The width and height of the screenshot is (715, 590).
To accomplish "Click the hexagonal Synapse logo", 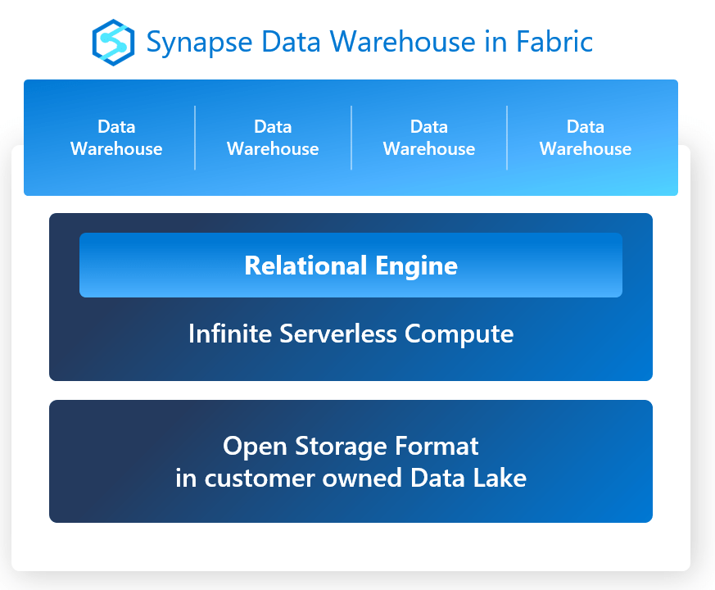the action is click(x=113, y=43).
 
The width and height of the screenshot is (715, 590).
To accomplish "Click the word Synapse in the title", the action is click(x=199, y=43).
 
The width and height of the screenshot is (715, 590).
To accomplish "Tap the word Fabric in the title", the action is click(x=554, y=42).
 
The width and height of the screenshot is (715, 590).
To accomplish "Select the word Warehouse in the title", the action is click(x=403, y=42).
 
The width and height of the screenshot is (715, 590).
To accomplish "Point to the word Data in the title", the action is click(x=291, y=42).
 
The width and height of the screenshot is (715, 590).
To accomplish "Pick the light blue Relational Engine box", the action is click(x=351, y=265).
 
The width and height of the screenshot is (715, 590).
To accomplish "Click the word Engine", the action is click(x=416, y=266).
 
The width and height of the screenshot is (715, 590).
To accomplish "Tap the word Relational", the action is click(x=305, y=265).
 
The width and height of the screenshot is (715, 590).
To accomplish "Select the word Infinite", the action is click(x=230, y=334).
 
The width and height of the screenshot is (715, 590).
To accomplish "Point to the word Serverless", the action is click(x=338, y=334).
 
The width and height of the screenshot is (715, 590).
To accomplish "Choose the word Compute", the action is click(x=459, y=334).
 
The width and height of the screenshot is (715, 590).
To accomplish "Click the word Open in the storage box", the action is click(x=255, y=447).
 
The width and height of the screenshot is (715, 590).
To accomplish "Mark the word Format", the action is click(x=437, y=446).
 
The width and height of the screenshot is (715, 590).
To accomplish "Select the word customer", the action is click(x=260, y=479).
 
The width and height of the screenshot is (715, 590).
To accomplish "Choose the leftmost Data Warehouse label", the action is click(x=116, y=138).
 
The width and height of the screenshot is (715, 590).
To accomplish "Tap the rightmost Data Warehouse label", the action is click(x=586, y=138).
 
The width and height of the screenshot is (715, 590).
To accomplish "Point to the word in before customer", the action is click(x=186, y=479).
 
